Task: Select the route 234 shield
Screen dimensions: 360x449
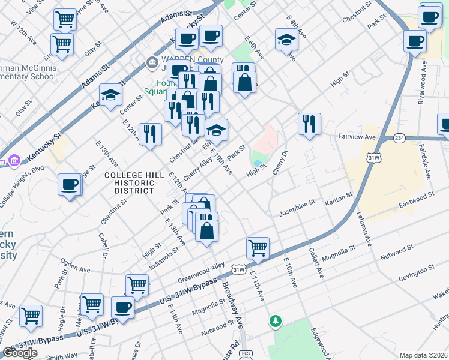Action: [x=399, y=138]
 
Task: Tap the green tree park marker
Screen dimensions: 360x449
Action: [x=276, y=322]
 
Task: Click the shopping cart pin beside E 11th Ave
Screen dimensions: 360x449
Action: [x=258, y=248]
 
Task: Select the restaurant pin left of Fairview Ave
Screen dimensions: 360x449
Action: [x=309, y=124]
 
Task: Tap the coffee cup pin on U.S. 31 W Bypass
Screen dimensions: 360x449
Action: [x=123, y=308]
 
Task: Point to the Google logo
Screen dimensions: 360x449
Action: [x=20, y=353]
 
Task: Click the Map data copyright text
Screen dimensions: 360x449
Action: [x=424, y=355]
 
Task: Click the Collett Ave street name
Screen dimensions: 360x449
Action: [x=316, y=263]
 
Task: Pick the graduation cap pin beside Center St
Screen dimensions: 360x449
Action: [x=111, y=95]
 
